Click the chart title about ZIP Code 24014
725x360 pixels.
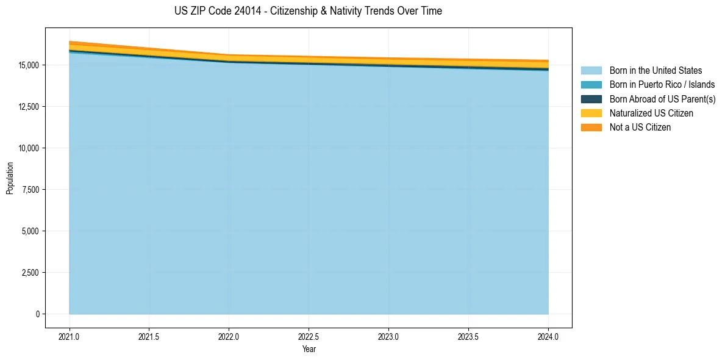pyautogui.click(x=308, y=11)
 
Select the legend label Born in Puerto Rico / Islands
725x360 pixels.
pyautogui.click(x=662, y=85)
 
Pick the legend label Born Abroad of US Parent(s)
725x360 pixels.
pyautogui.click(x=662, y=99)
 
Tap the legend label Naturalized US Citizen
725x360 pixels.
pyautogui.click(x=651, y=113)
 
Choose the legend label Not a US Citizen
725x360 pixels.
pyautogui.click(x=640, y=128)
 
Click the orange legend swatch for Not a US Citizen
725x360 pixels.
pyautogui.click(x=591, y=128)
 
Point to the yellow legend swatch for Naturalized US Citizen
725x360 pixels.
pyautogui.click(x=591, y=113)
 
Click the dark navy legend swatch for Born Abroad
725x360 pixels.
pyautogui.click(x=591, y=99)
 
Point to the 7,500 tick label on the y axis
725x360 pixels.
pyautogui.click(x=30, y=190)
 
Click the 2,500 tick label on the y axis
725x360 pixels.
pyautogui.click(x=30, y=273)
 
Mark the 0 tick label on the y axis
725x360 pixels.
pyautogui.click(x=37, y=314)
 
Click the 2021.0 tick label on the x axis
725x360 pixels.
pyautogui.click(x=70, y=336)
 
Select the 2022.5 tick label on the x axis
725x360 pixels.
pyautogui.click(x=309, y=336)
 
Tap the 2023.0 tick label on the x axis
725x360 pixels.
pyautogui.click(x=388, y=336)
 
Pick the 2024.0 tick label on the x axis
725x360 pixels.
pyautogui.click(x=548, y=336)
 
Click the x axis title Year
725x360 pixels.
pyautogui.click(x=309, y=349)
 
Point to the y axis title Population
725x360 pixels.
pyautogui.click(x=10, y=178)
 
